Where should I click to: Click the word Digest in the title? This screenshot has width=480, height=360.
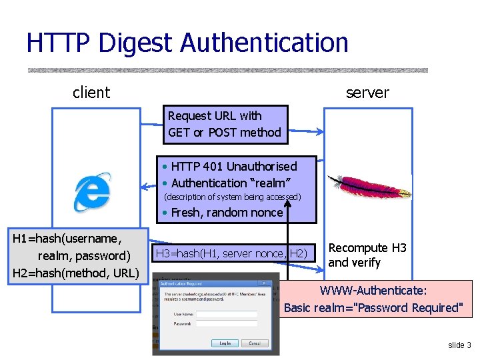coord(136,43)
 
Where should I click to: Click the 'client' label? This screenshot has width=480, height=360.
coord(91,93)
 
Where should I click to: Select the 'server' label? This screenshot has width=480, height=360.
coord(367,93)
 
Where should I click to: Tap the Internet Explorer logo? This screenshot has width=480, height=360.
coord(92,191)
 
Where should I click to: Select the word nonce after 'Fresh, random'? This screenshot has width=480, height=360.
coord(267,213)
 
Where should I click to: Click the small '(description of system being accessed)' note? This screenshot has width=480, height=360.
coord(233,197)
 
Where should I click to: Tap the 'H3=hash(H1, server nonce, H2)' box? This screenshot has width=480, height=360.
coord(231,253)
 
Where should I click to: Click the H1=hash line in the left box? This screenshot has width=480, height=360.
coord(67,237)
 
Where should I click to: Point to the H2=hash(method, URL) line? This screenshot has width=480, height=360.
coord(75,273)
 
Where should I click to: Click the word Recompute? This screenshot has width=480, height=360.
coord(358,248)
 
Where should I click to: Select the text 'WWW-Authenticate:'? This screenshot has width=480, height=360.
coord(373,291)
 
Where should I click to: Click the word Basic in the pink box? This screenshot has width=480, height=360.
coord(299,307)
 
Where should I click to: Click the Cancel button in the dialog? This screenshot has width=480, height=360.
coord(254,343)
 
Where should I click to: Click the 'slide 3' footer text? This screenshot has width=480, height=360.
coord(459,345)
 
